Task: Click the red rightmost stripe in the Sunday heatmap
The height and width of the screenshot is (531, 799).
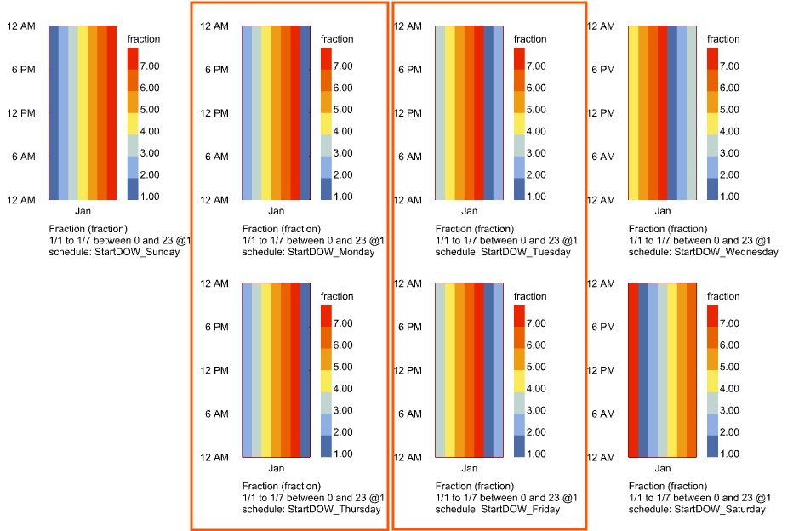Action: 111,113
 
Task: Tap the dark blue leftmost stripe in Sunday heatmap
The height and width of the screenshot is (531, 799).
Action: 54,113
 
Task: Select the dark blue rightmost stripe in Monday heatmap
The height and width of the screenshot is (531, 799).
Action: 305,113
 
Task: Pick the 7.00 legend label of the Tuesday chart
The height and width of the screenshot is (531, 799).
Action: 536,66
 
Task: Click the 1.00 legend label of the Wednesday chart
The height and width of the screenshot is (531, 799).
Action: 729,197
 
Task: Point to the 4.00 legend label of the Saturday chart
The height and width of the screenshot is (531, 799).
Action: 729,389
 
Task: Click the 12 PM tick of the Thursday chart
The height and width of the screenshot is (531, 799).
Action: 214,371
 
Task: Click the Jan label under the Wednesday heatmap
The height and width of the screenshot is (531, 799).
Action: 663,211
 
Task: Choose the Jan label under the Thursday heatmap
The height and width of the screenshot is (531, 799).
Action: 277,469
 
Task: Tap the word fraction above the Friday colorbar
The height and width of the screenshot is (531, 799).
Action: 530,297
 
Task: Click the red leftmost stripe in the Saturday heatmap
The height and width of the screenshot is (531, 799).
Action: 633,371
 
